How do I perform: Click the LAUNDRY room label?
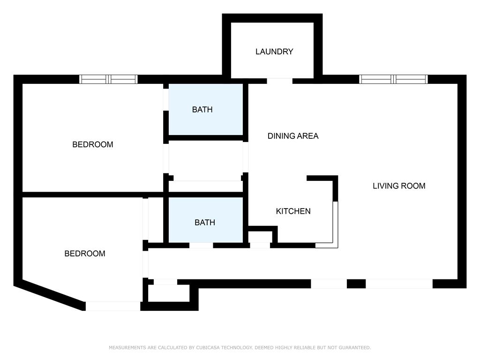[x=274, y=52]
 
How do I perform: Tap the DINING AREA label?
[x=293, y=136]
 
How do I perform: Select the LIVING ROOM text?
[x=399, y=186]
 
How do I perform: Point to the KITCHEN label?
[x=293, y=211]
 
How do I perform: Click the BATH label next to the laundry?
[x=202, y=110]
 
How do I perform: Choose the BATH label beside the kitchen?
[x=205, y=223]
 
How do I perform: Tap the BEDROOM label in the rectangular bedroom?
[x=93, y=144]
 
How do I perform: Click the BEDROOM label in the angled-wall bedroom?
[x=85, y=254]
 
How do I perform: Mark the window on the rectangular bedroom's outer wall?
[x=108, y=79]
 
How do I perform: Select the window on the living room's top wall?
[x=393, y=79]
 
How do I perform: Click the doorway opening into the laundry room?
[x=279, y=81]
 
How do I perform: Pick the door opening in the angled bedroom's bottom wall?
[x=113, y=306]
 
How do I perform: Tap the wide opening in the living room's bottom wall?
[x=399, y=284]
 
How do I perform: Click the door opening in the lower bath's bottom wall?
[x=201, y=245]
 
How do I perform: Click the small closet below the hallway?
[x=169, y=293]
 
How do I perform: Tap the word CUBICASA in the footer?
[x=208, y=347]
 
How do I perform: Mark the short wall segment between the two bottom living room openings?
[x=356, y=284]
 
